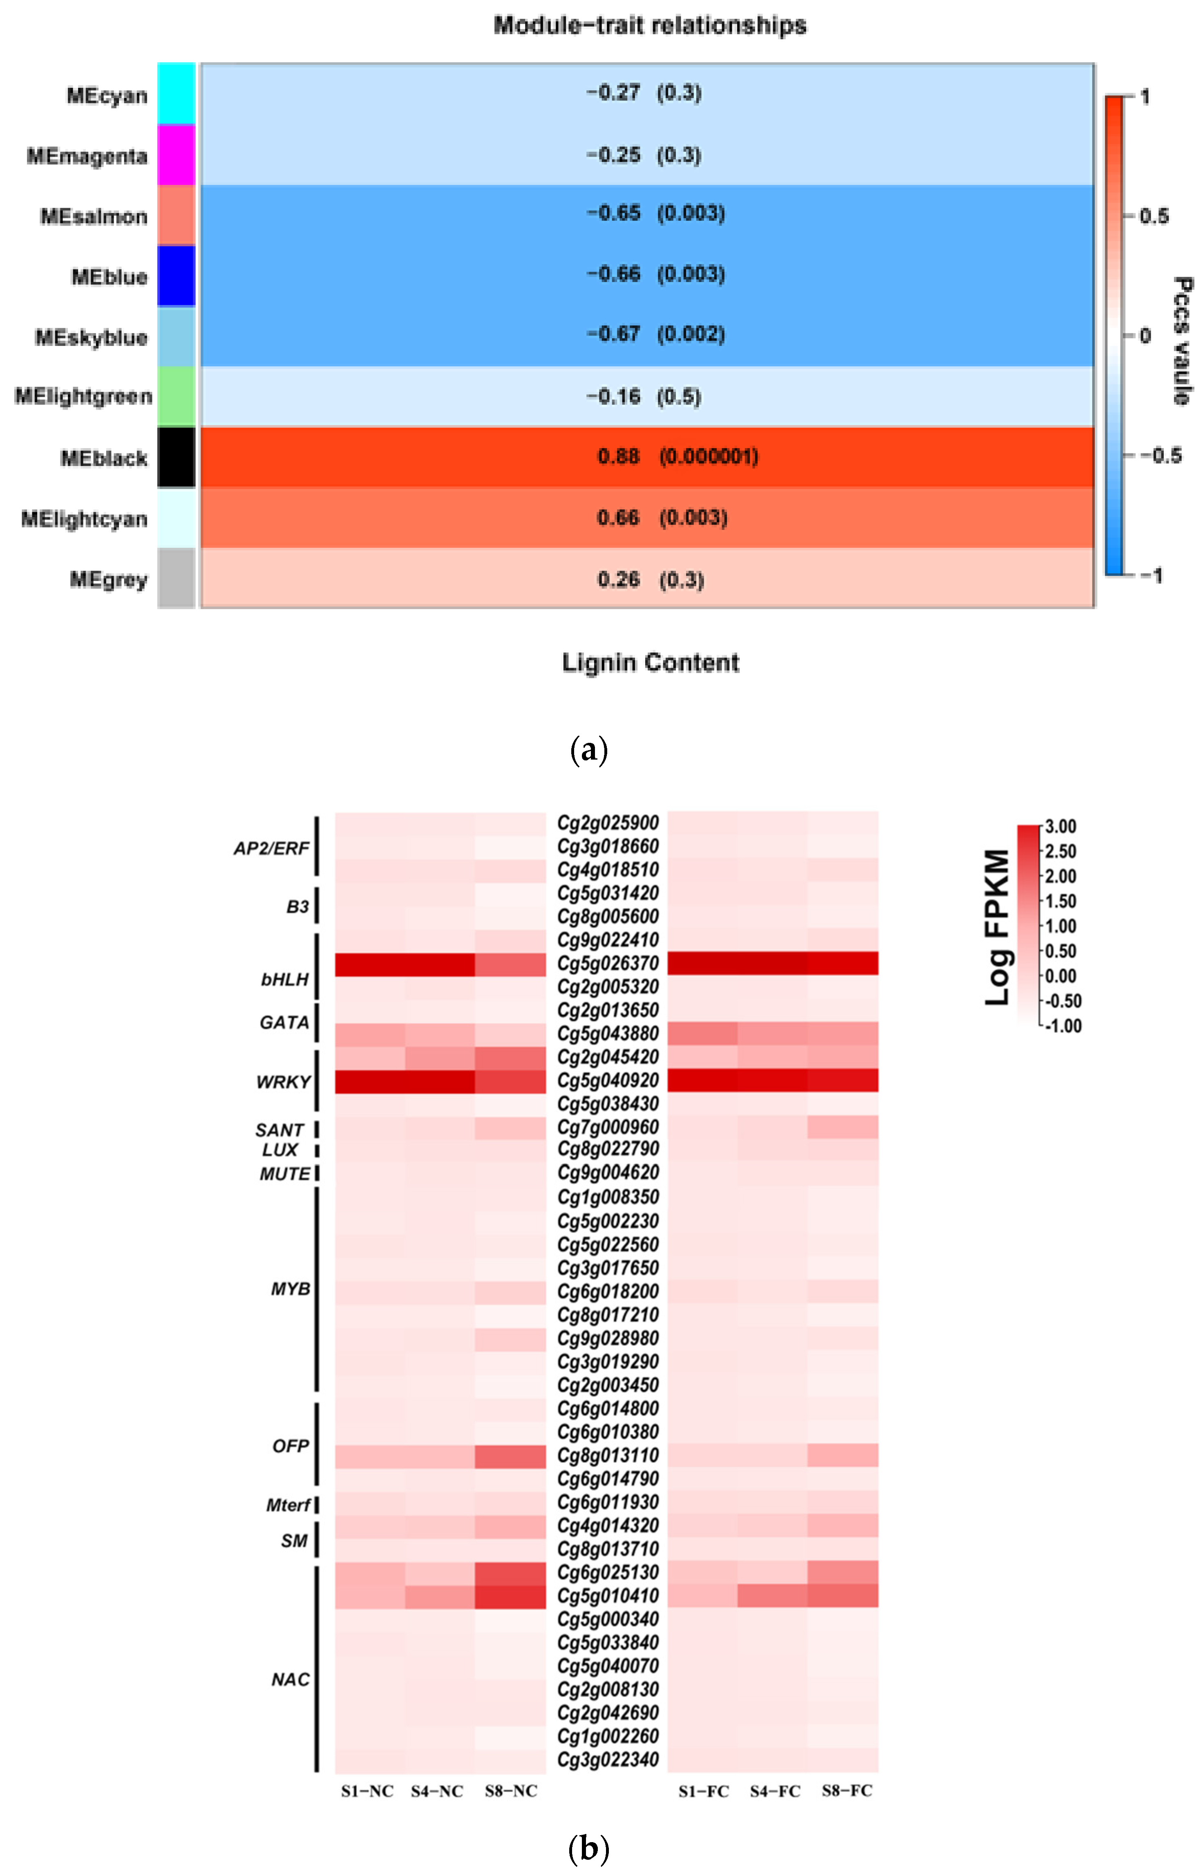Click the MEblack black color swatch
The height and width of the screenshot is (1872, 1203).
[176, 457]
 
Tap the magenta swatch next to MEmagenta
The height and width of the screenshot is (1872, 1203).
[176, 155]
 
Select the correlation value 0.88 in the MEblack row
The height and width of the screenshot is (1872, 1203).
[618, 456]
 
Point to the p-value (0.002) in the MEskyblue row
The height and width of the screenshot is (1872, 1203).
[691, 334]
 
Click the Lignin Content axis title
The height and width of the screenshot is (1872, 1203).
[650, 663]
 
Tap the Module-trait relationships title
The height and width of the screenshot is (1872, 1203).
[650, 26]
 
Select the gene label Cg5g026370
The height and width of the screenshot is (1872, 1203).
[608, 963]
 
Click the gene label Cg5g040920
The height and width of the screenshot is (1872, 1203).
[608, 1081]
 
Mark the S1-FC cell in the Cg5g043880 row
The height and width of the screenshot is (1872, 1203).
[702, 1034]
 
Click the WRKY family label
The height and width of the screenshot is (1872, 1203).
[283, 1082]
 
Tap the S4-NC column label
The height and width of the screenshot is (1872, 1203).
[437, 1791]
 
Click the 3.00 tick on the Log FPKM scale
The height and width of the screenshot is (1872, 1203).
[1061, 827]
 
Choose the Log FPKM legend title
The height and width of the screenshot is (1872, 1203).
[997, 927]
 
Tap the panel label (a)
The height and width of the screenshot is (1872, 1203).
[589, 750]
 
